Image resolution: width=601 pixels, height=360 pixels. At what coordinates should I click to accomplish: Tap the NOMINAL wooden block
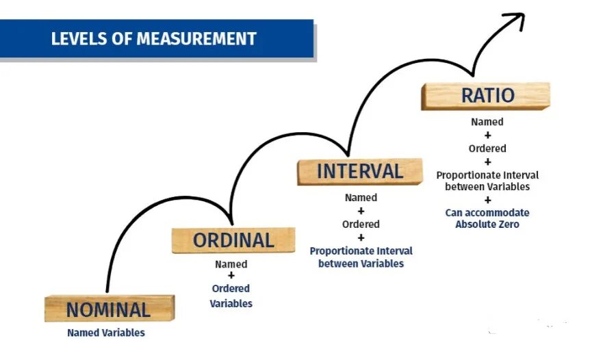point(109,309)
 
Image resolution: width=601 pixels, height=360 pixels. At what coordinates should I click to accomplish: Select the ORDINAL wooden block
point(233,240)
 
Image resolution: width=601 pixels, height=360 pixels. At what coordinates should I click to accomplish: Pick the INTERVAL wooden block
point(359,171)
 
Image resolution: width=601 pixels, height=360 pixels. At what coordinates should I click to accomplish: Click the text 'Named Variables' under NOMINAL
point(106,333)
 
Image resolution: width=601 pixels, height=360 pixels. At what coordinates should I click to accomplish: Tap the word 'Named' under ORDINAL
point(231,264)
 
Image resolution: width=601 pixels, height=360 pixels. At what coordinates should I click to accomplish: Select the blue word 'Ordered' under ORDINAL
point(231,288)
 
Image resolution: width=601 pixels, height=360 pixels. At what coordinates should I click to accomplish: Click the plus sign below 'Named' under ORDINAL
point(231,276)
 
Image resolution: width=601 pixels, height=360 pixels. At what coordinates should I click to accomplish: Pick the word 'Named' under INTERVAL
point(361,198)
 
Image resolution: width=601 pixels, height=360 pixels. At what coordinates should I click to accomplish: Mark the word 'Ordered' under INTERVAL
point(361,224)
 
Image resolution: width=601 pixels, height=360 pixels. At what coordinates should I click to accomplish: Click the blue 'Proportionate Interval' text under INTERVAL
point(361,250)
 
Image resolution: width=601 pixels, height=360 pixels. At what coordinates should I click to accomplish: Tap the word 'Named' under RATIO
point(487,122)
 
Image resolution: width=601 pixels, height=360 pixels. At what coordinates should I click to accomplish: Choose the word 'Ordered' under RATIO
point(487,148)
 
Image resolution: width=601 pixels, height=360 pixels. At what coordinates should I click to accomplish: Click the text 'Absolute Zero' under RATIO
point(487,224)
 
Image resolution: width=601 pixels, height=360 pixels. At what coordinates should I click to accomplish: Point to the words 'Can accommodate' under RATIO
point(487,212)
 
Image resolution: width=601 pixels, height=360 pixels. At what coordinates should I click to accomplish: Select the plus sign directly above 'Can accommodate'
point(487,200)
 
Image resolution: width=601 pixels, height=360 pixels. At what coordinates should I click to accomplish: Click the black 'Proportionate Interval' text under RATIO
point(487,175)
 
